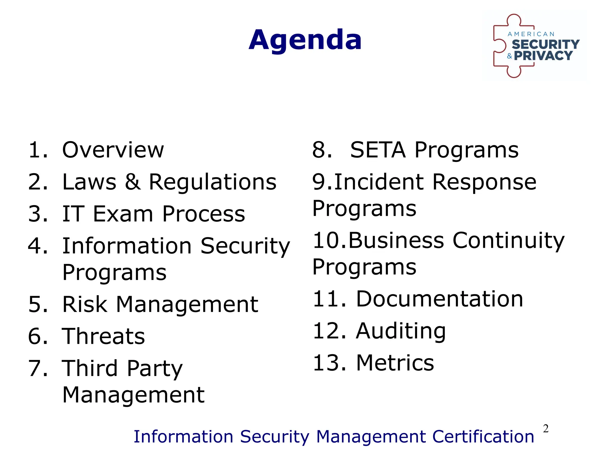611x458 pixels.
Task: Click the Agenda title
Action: [305, 40]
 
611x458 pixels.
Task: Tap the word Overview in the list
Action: [113, 150]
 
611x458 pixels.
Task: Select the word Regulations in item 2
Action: [213, 182]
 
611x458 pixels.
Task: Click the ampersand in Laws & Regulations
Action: [132, 182]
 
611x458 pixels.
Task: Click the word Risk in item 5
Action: [85, 304]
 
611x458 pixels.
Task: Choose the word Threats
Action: [103, 336]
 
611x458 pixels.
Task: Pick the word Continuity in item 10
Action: [508, 241]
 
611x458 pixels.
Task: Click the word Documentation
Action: [439, 299]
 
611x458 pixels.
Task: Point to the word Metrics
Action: [395, 363]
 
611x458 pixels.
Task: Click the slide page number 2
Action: [546, 429]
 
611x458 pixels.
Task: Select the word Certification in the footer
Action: [483, 437]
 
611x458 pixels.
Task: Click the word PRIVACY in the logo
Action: [543, 56]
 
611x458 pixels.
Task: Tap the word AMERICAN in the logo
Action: [531, 34]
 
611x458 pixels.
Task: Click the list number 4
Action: [38, 246]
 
